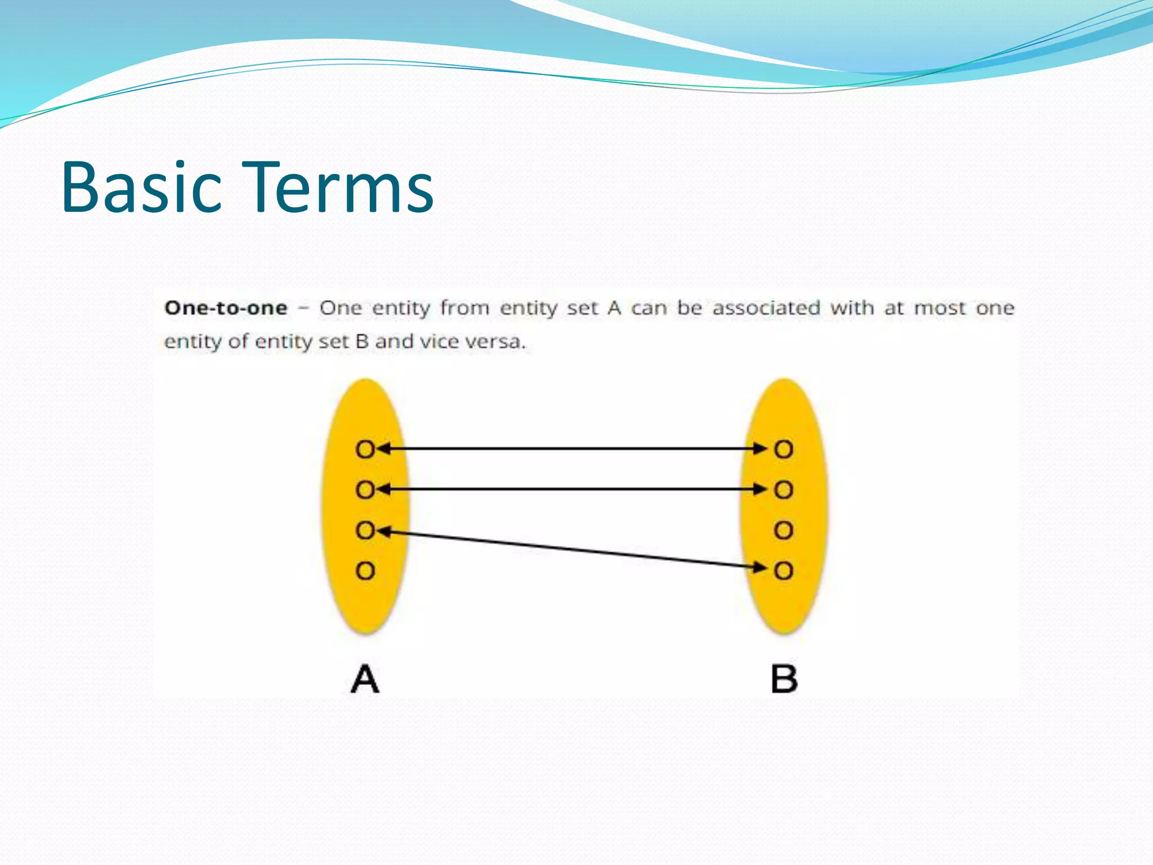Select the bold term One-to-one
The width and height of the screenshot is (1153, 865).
(x=226, y=308)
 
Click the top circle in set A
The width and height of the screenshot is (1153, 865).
(x=365, y=449)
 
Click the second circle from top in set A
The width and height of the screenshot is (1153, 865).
(x=365, y=489)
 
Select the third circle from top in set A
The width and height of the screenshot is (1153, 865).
(x=365, y=530)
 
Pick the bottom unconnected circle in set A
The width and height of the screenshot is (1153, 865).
(x=365, y=571)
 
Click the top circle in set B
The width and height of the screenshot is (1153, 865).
(x=783, y=449)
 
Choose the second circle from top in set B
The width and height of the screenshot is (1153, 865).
(x=783, y=489)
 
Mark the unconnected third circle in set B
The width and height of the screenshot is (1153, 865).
(x=783, y=530)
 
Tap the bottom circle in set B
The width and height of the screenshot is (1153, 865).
(x=783, y=571)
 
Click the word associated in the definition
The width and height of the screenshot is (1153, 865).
(x=766, y=308)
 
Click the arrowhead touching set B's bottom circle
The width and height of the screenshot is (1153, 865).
(x=760, y=567)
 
